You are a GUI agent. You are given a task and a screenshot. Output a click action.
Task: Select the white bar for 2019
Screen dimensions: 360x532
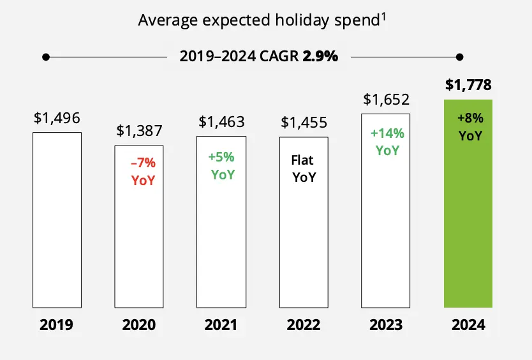pos(57,219)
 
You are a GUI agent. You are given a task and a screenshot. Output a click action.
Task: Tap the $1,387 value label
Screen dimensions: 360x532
pos(139,131)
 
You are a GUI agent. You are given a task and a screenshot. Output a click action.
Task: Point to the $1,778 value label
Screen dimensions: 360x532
pos(468,85)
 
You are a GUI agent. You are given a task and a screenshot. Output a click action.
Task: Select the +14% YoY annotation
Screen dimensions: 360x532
pos(387,142)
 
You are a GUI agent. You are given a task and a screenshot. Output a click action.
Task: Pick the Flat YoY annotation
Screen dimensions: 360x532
pos(304,169)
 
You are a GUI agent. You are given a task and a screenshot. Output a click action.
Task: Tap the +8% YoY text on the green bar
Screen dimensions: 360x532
pos(470,127)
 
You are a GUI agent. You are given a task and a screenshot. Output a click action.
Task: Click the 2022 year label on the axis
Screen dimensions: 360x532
pos(304,325)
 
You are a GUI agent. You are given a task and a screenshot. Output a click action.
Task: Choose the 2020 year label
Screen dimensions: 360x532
pos(139,325)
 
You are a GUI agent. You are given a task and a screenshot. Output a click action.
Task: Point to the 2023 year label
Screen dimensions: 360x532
pos(386,325)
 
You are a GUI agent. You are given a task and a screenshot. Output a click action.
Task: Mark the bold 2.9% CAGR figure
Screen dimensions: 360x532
pos(320,56)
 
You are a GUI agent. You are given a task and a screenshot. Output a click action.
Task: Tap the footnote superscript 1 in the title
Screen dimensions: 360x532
pos(384,16)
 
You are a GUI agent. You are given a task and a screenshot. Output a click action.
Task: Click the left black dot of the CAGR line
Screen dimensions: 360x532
pos(45,57)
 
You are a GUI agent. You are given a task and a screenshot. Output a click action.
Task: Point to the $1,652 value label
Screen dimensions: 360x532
pos(386,100)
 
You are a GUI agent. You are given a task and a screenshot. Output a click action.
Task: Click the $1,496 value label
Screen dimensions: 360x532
pos(57,117)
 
